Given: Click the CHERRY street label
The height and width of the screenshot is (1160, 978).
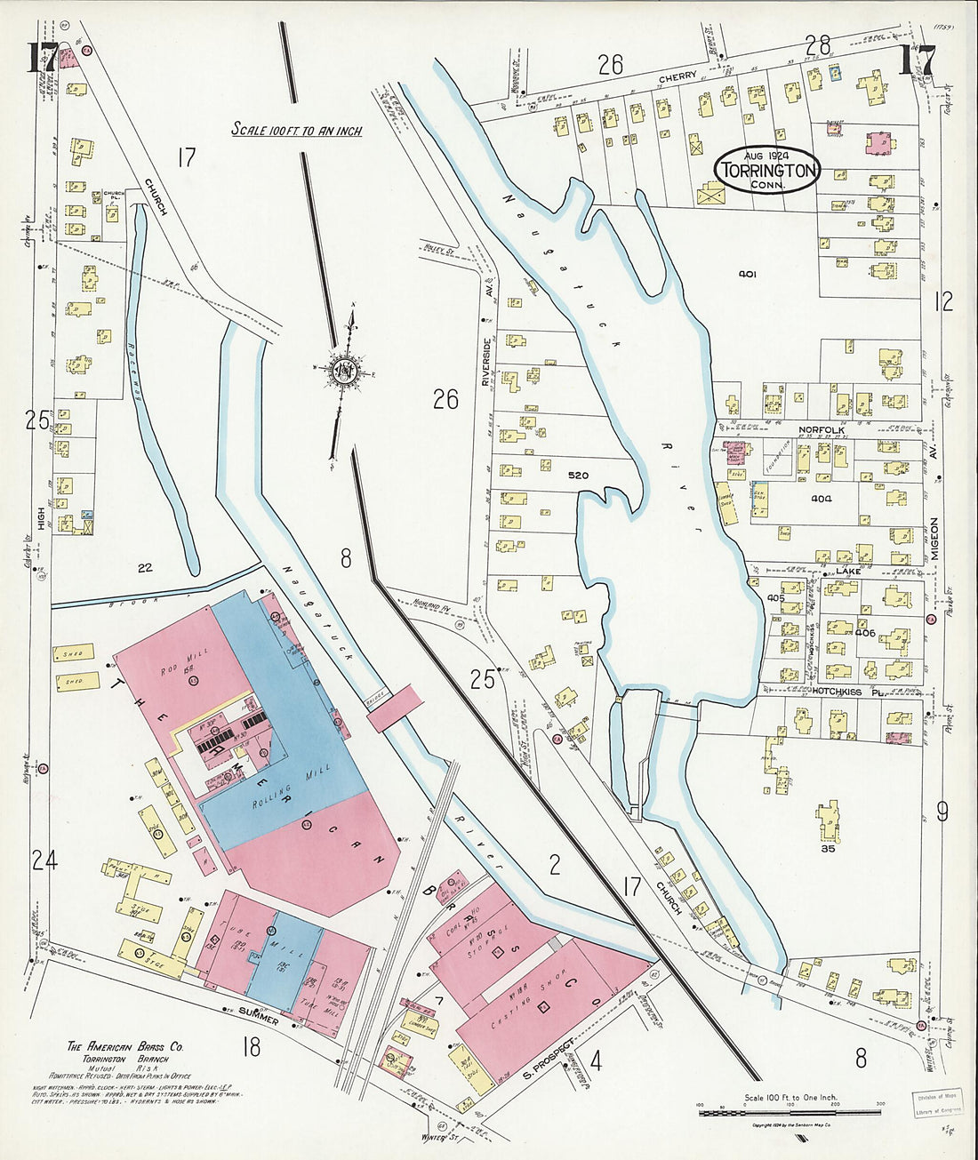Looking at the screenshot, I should tap(677, 78).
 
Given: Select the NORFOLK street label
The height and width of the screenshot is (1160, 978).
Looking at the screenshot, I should tap(821, 430).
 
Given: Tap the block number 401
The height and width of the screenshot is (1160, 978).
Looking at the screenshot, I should tap(747, 275).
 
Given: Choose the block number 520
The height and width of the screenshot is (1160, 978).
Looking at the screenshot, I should tap(578, 476).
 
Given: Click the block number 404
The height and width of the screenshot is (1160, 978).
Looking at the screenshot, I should tap(821, 499).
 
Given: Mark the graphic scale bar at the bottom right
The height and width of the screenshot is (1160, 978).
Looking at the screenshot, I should tap(789, 1111).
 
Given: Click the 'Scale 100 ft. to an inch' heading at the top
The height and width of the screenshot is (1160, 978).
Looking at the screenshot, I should tap(297, 130).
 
